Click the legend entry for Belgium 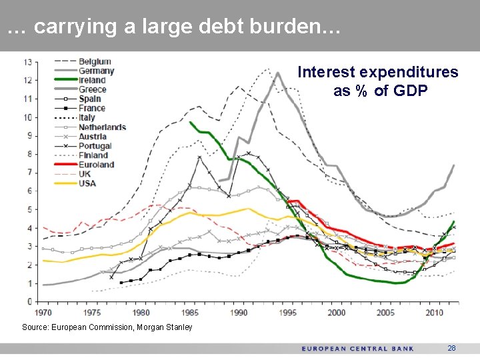point(94,62)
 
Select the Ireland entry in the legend point(92,81)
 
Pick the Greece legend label point(92,89)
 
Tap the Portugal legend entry point(95,146)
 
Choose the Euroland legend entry point(96,165)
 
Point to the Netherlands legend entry point(101,127)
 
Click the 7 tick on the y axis point(29,173)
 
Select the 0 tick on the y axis point(29,302)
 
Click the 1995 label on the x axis point(288,312)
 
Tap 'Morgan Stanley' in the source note point(166,327)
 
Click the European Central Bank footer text point(357,349)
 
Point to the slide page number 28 point(451,349)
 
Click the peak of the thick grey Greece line point(277,73)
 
